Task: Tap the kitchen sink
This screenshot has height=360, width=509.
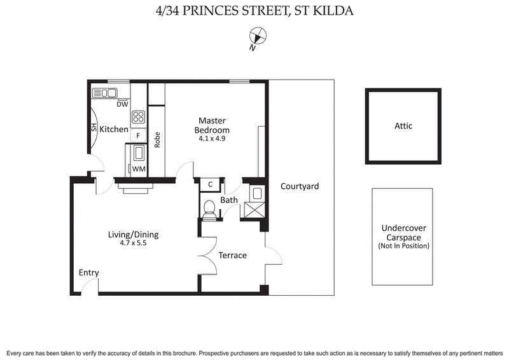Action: click(105, 93)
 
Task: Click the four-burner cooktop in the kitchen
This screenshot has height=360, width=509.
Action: click(139, 117)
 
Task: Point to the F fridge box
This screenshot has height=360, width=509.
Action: click(138, 136)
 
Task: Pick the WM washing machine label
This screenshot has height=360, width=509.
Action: click(138, 169)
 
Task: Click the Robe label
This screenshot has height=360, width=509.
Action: click(157, 139)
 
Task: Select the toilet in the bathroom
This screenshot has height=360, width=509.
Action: click(209, 207)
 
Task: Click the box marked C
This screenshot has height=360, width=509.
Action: click(209, 184)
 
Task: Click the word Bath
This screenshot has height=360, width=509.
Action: click(229, 200)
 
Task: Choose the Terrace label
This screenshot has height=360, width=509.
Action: click(232, 255)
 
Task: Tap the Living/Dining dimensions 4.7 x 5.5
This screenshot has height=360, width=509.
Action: click(133, 243)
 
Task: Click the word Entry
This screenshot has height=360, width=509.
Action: click(89, 273)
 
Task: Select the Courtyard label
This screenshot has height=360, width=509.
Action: click(299, 186)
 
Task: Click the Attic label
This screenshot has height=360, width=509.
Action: click(403, 126)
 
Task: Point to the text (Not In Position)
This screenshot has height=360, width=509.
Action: click(403, 246)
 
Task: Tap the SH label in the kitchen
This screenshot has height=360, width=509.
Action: click(94, 129)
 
